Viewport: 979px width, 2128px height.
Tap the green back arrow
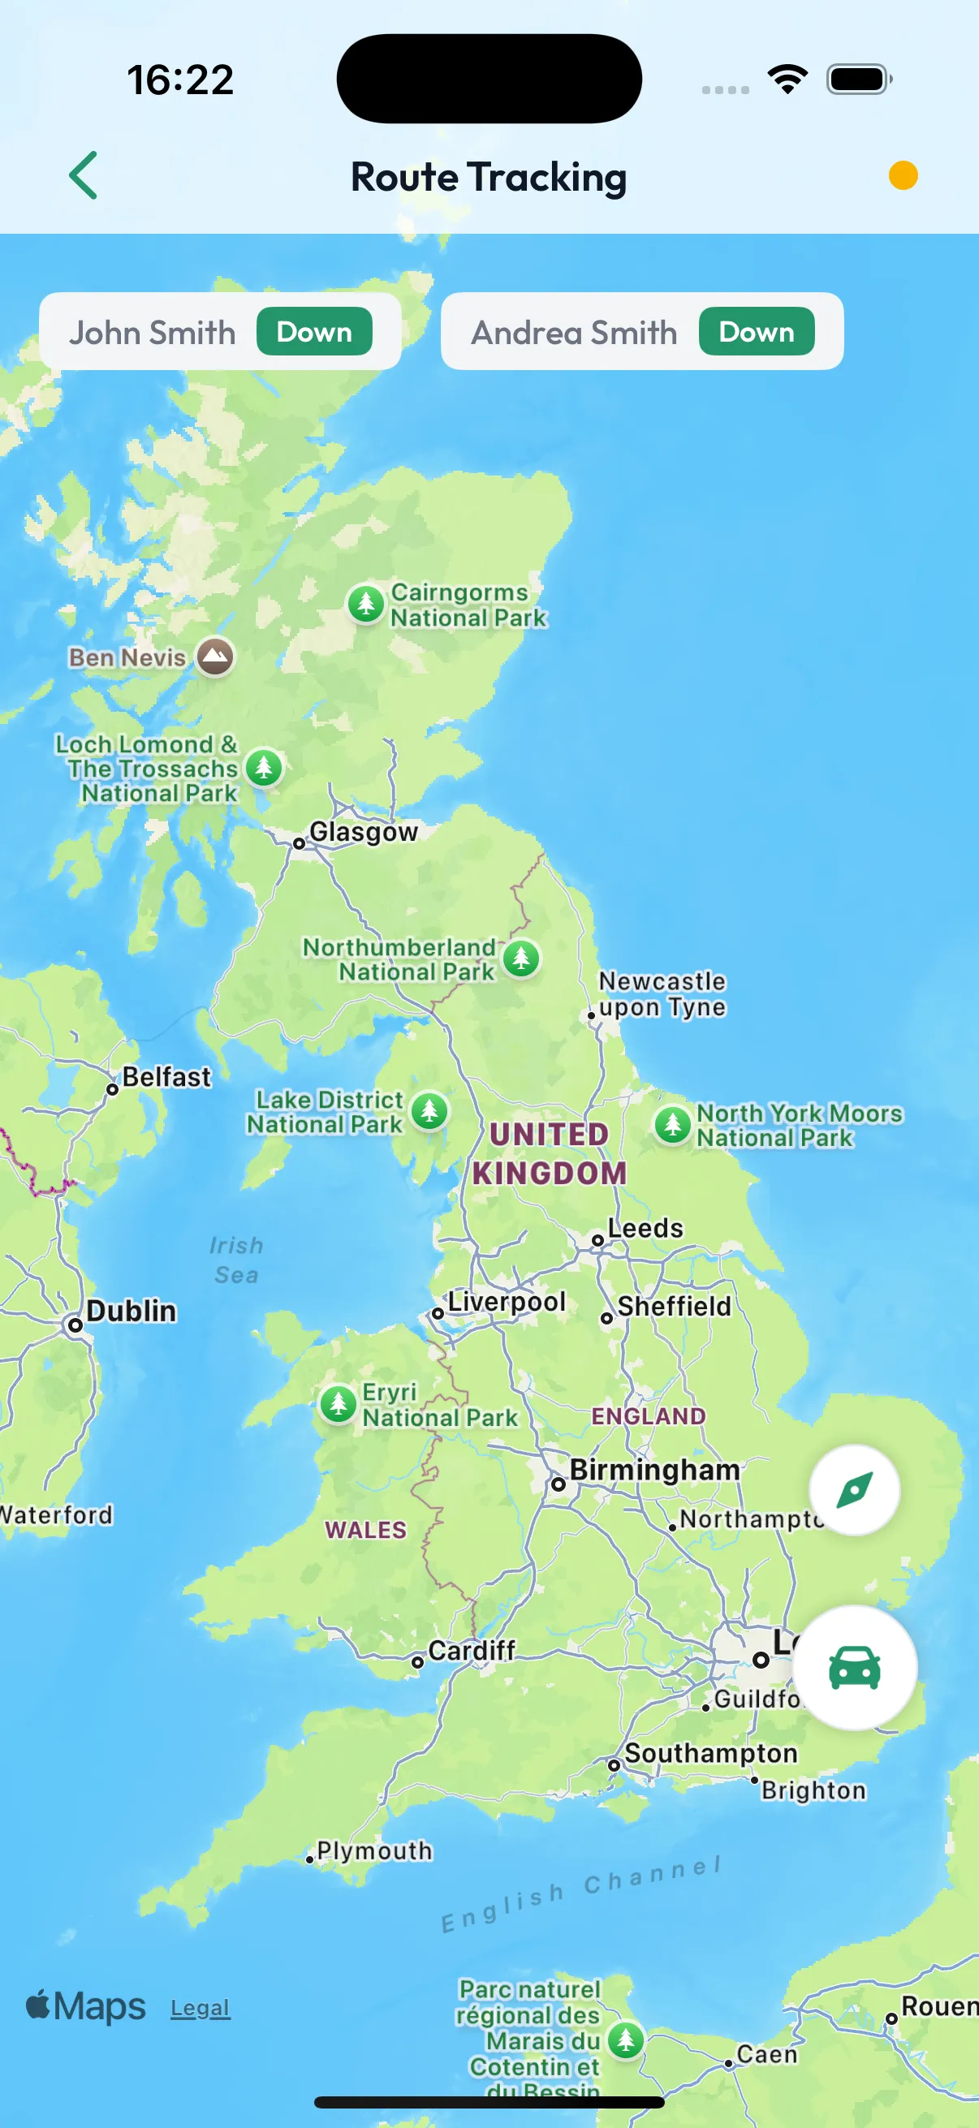point(84,175)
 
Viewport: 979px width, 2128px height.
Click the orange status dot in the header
point(903,175)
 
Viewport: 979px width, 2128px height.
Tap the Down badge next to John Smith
point(314,332)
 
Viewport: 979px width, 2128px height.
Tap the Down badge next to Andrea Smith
point(756,332)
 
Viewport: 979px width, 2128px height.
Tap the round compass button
point(854,1490)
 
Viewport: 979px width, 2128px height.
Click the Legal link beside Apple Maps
point(200,2008)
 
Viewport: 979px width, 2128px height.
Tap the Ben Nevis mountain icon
point(215,657)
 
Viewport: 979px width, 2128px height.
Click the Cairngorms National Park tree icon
point(366,603)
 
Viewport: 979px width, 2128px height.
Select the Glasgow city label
point(364,831)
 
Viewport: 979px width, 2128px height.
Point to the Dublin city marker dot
point(75,1325)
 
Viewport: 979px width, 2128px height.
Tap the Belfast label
point(166,1077)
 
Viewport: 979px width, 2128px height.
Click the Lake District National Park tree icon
point(429,1111)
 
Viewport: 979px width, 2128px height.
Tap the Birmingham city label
point(654,1471)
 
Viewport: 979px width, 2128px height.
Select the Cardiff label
point(471,1651)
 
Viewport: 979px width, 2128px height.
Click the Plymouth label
point(374,1850)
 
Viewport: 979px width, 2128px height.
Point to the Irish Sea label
point(236,1260)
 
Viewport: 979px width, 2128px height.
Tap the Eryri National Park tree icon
point(338,1402)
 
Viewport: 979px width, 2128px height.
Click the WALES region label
point(365,1530)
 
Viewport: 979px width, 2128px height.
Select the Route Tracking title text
point(488,177)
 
